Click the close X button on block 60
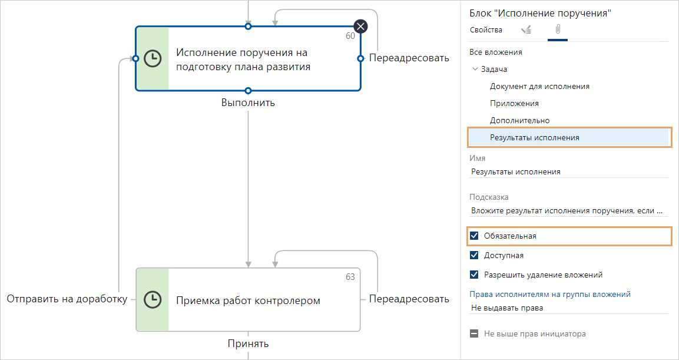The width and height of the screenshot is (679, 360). (x=360, y=26)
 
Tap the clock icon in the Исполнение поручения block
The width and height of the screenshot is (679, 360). (x=153, y=58)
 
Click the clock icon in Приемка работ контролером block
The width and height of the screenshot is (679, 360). (x=153, y=299)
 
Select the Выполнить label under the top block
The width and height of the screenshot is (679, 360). (x=248, y=103)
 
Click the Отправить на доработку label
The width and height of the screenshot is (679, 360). (x=67, y=299)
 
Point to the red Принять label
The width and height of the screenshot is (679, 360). (x=249, y=344)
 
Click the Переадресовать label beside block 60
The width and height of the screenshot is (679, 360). (x=409, y=58)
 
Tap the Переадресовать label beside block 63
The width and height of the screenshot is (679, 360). (x=409, y=299)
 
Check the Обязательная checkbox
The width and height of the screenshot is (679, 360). (x=474, y=236)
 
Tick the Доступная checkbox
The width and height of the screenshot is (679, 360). (x=474, y=256)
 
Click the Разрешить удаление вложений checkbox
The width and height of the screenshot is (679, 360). (x=474, y=275)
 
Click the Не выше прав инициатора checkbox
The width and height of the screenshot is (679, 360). (x=474, y=334)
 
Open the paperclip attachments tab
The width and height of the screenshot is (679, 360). (x=557, y=30)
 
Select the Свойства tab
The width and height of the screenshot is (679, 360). (x=486, y=30)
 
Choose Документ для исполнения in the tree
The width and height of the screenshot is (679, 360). (x=539, y=87)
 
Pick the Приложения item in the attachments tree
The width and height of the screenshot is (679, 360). (x=514, y=104)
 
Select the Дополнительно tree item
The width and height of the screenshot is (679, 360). (x=519, y=121)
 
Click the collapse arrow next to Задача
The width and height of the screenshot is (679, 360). (x=475, y=69)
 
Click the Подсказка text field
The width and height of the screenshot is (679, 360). (x=568, y=210)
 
